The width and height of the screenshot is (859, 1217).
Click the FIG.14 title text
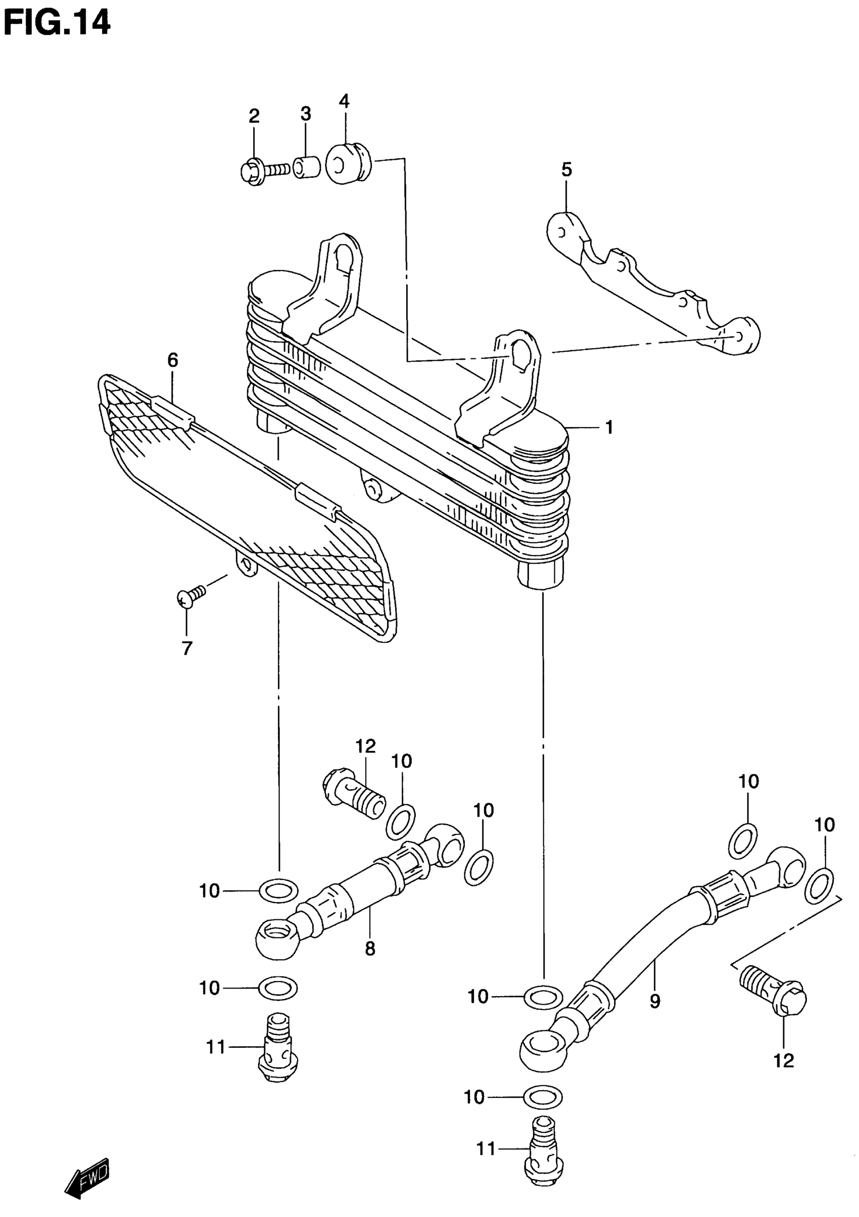tap(57, 24)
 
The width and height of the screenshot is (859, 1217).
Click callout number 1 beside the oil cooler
tap(609, 427)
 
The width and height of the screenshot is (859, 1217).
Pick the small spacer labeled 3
tap(308, 167)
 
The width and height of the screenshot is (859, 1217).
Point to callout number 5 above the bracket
tap(566, 171)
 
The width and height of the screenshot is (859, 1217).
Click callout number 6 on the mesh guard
tap(173, 360)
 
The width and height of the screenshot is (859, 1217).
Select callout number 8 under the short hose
tap(370, 948)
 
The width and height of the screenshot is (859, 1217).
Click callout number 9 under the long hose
tap(655, 1001)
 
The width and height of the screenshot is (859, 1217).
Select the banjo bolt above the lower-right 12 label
tap(773, 990)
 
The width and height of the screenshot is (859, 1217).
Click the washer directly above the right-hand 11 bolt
tap(543, 1096)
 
